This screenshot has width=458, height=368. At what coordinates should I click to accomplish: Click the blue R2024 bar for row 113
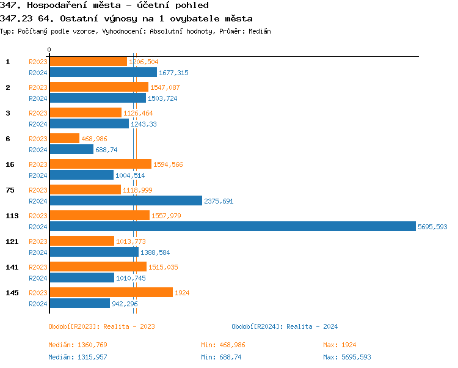tap(232, 226)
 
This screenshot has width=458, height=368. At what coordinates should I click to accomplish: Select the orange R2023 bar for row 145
tap(111, 292)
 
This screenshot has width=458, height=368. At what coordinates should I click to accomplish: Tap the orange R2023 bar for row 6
tap(64, 138)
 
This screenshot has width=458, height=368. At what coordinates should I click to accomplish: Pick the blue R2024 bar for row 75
tap(125, 201)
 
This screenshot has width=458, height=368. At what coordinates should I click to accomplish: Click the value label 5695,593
tap(432, 227)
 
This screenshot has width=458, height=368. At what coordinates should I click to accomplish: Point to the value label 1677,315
tap(173, 73)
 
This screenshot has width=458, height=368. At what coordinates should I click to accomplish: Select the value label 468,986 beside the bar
tap(94, 139)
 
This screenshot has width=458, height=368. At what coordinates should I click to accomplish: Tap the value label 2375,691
tap(219, 201)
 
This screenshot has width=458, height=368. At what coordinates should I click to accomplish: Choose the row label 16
tap(10, 164)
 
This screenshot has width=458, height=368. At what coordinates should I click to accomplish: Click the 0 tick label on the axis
tap(49, 50)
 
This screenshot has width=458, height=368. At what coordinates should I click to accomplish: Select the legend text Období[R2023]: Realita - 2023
tap(101, 326)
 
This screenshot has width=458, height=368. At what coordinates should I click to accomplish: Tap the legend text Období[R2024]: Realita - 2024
tap(285, 326)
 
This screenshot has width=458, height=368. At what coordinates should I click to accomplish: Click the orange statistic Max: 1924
tap(340, 345)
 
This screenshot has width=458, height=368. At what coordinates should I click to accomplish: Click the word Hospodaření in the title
tap(59, 6)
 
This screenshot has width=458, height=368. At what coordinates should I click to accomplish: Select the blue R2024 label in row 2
tap(38, 98)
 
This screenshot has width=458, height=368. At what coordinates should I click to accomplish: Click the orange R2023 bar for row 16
tap(100, 164)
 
